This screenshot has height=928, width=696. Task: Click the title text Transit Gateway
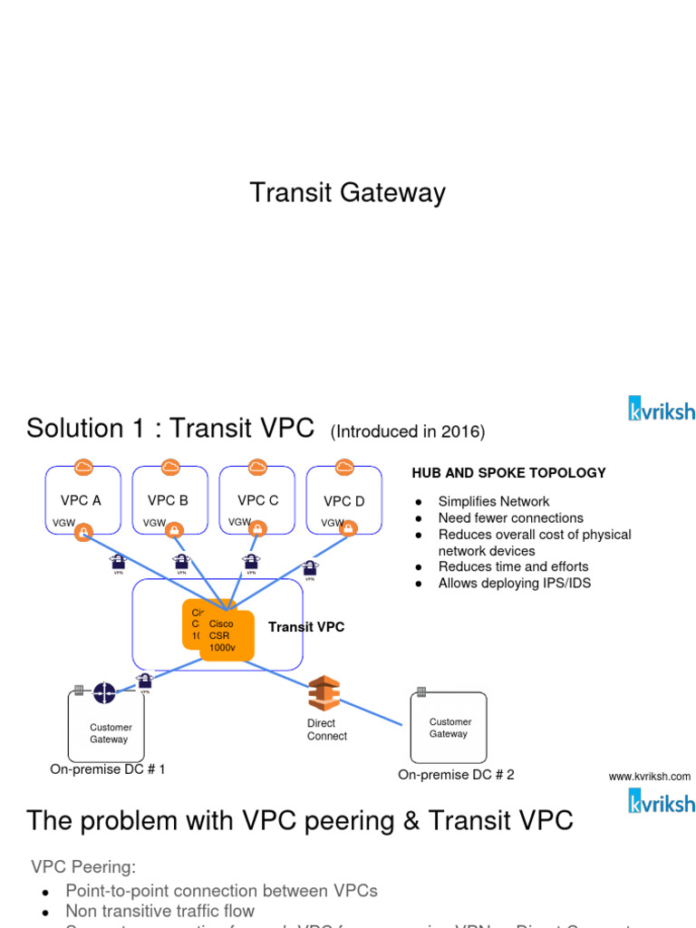[x=347, y=193]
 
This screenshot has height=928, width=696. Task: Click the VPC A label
[x=81, y=500]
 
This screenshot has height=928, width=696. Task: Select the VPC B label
[x=168, y=500]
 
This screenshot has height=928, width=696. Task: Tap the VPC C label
[x=257, y=500]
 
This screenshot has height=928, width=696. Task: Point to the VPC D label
[x=343, y=501]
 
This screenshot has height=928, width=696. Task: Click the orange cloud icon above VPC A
[x=83, y=467]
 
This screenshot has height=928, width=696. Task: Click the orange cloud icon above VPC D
[x=344, y=467]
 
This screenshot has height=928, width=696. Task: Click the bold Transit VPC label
[x=306, y=627]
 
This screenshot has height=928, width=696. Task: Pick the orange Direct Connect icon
[x=324, y=693]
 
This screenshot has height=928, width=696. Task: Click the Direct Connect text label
[x=326, y=730]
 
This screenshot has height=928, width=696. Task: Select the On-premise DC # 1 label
[x=108, y=769]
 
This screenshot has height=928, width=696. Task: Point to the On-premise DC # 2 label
[x=456, y=775]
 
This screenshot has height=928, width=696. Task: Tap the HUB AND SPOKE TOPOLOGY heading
[x=508, y=473]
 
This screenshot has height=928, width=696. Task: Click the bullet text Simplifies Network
[x=493, y=501]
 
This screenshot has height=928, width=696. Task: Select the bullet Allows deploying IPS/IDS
[x=514, y=583]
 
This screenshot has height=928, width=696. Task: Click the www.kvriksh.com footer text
[x=649, y=777]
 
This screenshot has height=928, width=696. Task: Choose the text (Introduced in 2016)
[x=408, y=432]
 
